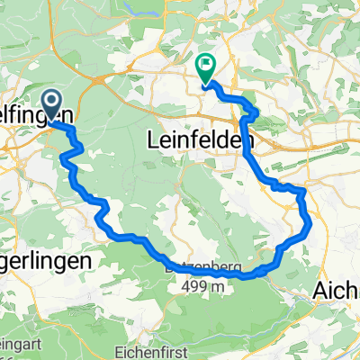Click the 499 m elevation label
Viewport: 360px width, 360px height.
point(197,287)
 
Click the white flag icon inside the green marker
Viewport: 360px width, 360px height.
point(207,64)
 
